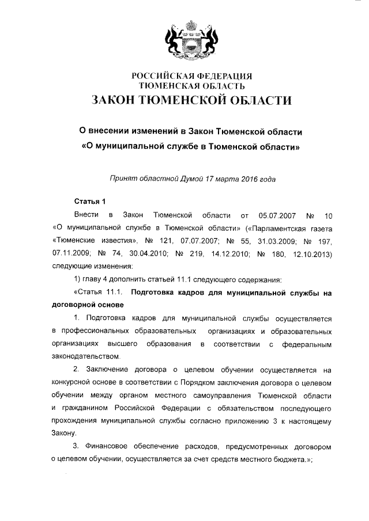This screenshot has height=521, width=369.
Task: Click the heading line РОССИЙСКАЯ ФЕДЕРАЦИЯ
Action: pos(192,76)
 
